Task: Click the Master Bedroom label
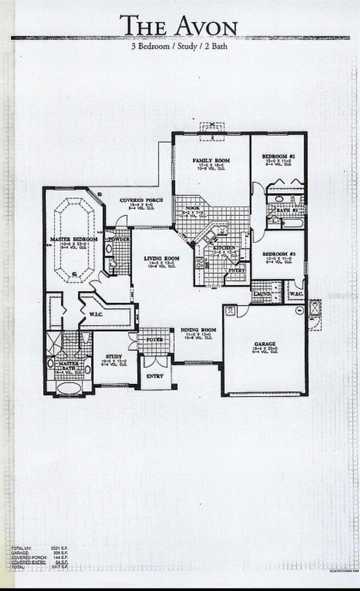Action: click(73, 239)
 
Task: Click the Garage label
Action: click(265, 344)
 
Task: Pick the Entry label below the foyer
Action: click(155, 376)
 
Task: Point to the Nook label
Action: click(193, 208)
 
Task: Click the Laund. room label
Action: click(260, 294)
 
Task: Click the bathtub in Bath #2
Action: click(295, 223)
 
